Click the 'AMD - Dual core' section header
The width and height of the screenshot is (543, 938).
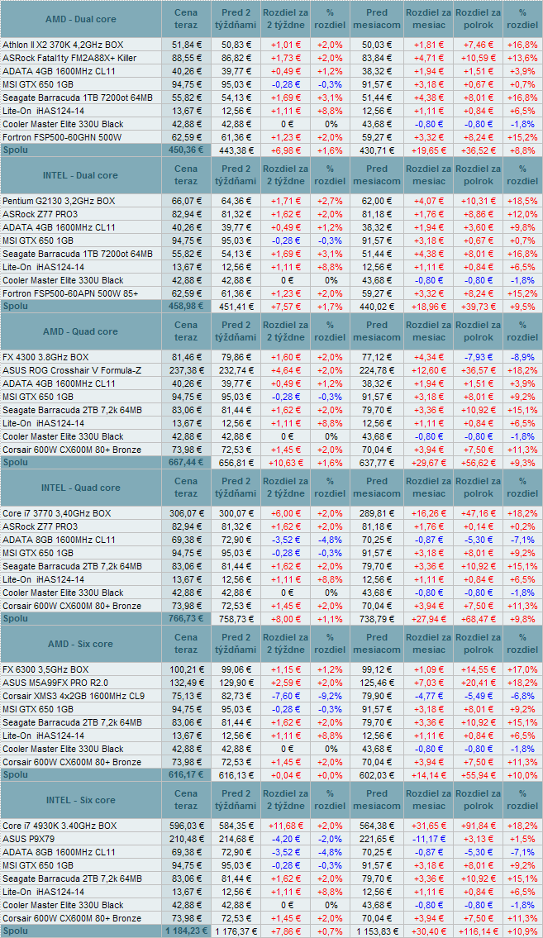click(79, 19)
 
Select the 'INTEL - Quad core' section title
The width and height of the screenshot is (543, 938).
click(80, 488)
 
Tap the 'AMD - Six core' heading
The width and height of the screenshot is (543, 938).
click(81, 644)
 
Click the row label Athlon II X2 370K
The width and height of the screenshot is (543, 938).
click(63, 44)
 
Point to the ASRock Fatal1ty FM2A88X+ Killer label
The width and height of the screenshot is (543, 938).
click(69, 58)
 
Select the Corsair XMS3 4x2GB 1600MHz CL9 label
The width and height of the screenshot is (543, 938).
click(73, 696)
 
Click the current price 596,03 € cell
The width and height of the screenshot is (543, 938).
click(186, 826)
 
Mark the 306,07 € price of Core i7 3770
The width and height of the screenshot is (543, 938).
click(186, 513)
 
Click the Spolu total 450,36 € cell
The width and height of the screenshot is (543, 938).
click(186, 150)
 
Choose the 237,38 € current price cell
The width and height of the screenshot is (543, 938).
click(186, 370)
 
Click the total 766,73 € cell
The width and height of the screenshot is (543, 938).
click(186, 619)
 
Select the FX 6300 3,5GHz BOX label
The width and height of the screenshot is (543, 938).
click(45, 669)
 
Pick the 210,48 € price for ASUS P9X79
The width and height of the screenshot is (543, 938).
click(186, 839)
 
